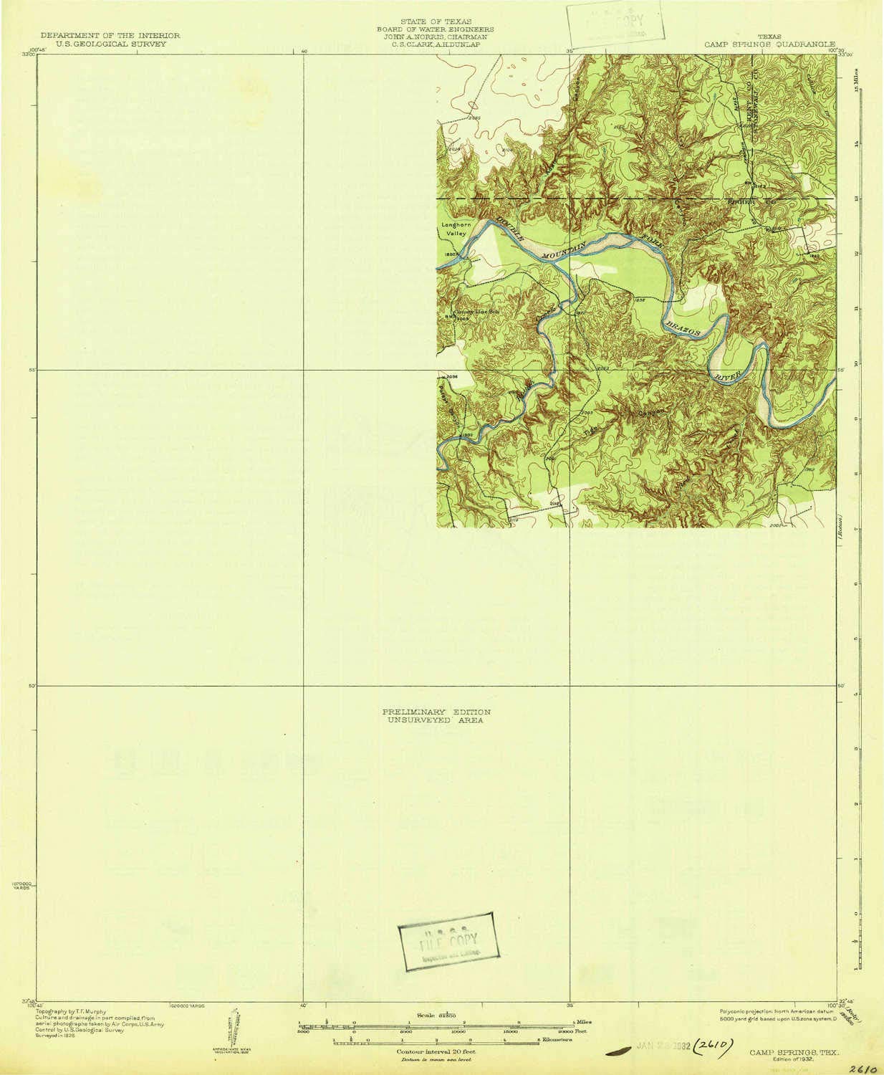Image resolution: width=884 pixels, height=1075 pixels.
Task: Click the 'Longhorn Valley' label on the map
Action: point(456,229)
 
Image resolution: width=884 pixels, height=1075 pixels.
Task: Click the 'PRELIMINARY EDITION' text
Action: point(436,712)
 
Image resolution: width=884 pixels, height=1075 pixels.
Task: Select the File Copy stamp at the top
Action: point(615,24)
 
